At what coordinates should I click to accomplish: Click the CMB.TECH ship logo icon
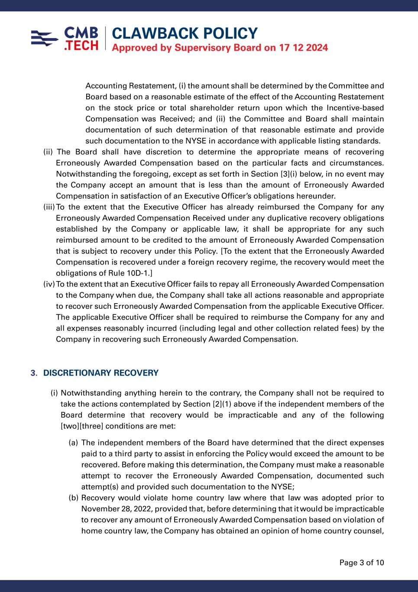click(x=45, y=38)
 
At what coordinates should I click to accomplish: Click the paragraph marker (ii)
click(x=48, y=152)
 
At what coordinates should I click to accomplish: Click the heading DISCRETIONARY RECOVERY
click(x=101, y=373)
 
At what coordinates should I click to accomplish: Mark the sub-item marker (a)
click(x=73, y=443)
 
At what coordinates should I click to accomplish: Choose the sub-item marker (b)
click(x=73, y=498)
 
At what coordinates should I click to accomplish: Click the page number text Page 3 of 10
click(x=362, y=563)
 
